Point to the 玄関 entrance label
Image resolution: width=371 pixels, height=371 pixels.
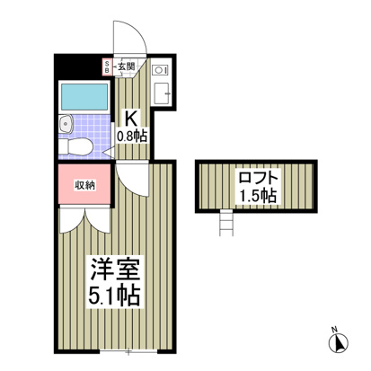(126, 66)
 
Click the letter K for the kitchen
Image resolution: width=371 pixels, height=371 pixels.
(130, 117)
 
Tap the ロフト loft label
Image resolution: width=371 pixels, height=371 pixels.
(258, 177)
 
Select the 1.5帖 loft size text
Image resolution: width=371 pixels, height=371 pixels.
(258, 195)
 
